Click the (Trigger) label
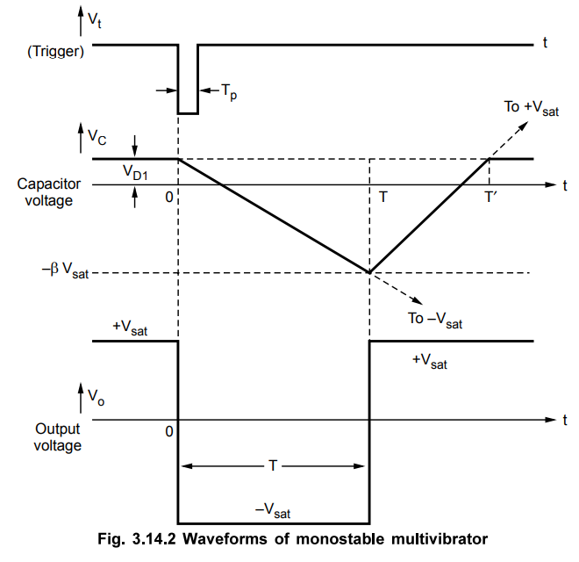click(x=54, y=51)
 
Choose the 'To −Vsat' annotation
click(x=435, y=320)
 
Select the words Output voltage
click(x=57, y=437)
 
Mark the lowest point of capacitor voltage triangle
click(x=369, y=273)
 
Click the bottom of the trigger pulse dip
click(x=188, y=112)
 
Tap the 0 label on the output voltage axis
click(x=169, y=432)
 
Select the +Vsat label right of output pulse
click(x=429, y=362)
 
